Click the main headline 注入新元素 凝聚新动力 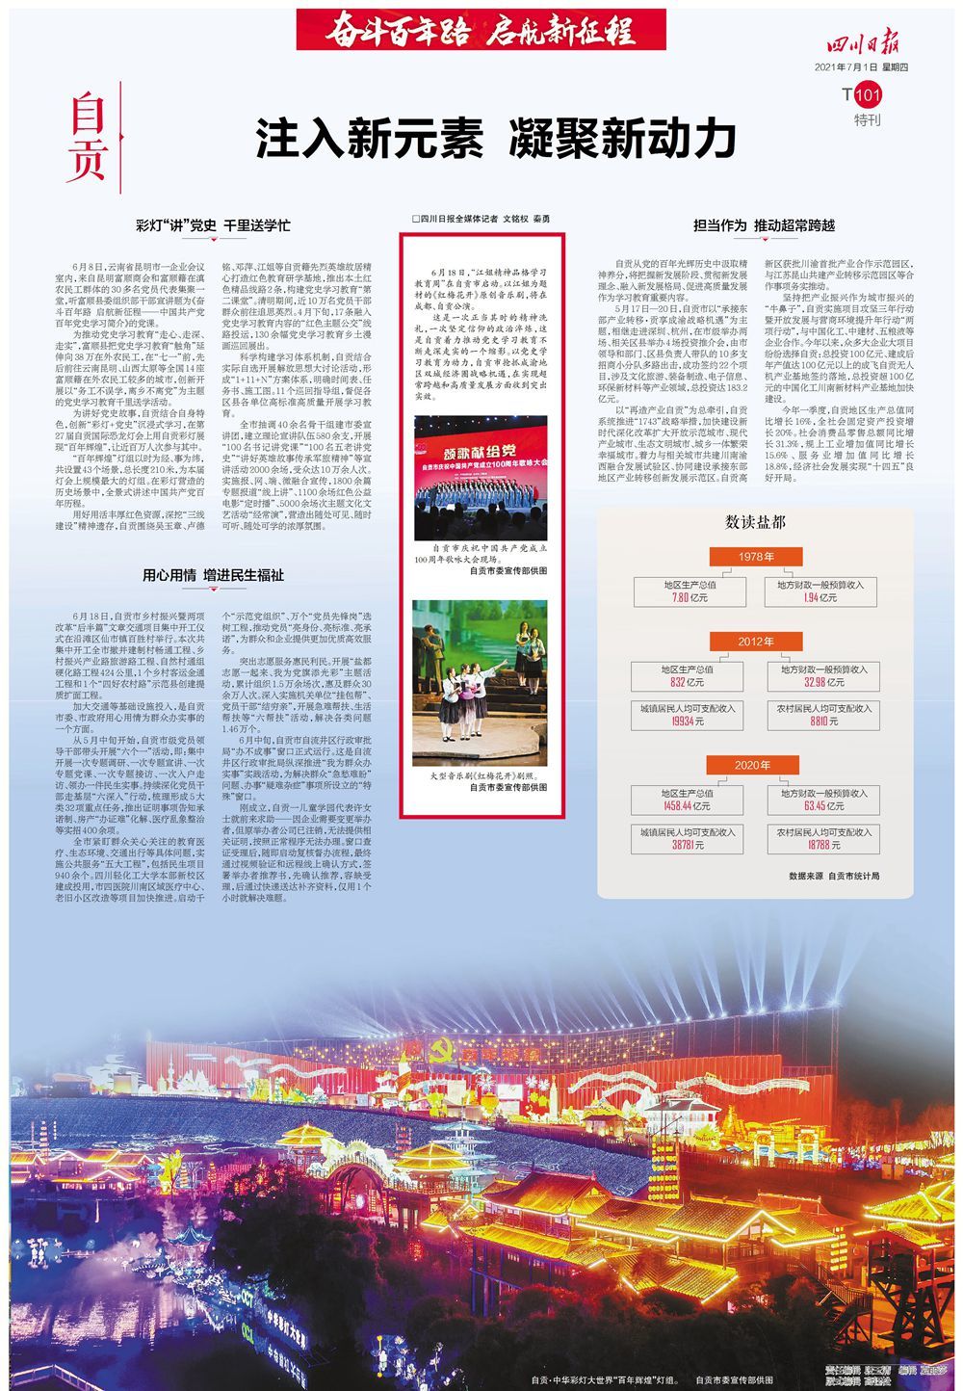click(495, 140)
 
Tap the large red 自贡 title click(86, 141)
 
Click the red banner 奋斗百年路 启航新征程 click(481, 31)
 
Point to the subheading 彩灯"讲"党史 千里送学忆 click(213, 226)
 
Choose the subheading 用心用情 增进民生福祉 click(213, 575)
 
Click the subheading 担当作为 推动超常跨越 click(764, 225)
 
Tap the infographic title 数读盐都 click(755, 522)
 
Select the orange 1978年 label click(755, 557)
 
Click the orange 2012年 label click(755, 642)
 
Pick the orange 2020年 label click(755, 766)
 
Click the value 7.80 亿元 click(689, 598)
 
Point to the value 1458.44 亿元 click(689, 806)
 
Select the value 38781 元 click(689, 845)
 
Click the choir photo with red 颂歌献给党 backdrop click(481, 479)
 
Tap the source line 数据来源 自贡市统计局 click(834, 876)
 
